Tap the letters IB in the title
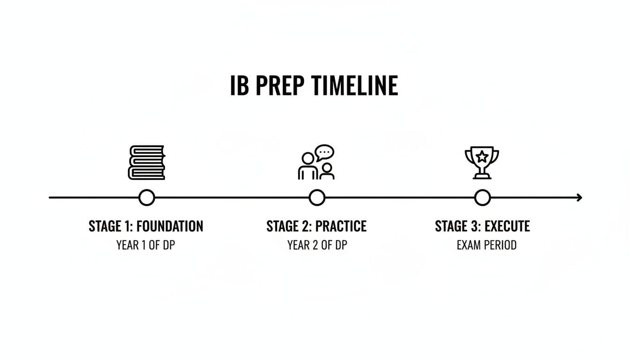coord(239,86)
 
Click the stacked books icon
coord(147,162)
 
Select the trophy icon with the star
coord(481,162)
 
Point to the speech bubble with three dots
coord(324,153)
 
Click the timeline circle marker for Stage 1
coord(147,198)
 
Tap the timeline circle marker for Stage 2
coord(317,198)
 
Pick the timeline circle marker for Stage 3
coord(482,198)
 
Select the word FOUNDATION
coord(170,226)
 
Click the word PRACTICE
coord(341,226)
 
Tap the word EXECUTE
coord(507,226)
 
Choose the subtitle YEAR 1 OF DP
coord(146,245)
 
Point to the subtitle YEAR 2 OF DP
coord(317,245)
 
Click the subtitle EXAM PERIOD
coord(487,245)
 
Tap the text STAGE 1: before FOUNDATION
coord(111,226)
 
